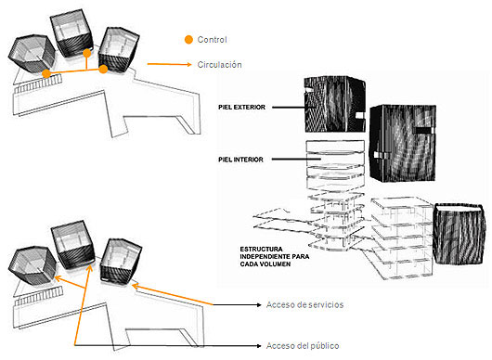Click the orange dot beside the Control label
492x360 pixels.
[188, 40]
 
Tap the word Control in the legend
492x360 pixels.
[212, 40]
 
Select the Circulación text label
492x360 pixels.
[219, 65]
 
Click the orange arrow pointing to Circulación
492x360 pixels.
[170, 64]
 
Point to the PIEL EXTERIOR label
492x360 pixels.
[241, 108]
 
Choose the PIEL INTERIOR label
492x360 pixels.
[240, 160]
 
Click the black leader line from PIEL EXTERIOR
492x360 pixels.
[289, 108]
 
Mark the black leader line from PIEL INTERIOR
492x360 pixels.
[296, 160]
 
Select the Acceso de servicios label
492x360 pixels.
[304, 305]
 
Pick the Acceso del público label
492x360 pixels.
[303, 346]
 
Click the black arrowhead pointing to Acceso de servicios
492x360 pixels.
[259, 305]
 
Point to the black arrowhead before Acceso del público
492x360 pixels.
[259, 346]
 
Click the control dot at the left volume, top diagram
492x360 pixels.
[46, 73]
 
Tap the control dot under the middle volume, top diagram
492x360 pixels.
[87, 53]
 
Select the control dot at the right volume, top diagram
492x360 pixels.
[103, 69]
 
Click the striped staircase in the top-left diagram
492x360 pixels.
[38, 84]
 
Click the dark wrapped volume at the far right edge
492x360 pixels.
[459, 233]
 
